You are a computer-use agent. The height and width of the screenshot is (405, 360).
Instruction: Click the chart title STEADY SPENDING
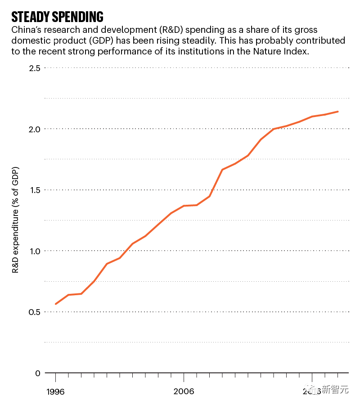pyautogui.click(x=57, y=17)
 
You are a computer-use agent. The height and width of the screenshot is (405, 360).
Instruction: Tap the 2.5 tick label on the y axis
pyautogui.click(x=35, y=68)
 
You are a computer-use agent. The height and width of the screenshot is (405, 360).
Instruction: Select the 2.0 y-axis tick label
pyautogui.click(x=35, y=129)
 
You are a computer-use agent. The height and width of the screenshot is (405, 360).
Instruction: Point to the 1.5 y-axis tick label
pyautogui.click(x=35, y=190)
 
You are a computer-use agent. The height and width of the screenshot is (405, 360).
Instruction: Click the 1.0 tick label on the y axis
pyautogui.click(x=35, y=251)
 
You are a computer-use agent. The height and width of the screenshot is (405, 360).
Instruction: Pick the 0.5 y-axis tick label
pyautogui.click(x=35, y=312)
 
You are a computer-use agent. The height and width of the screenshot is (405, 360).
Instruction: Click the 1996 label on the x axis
pyautogui.click(x=55, y=391)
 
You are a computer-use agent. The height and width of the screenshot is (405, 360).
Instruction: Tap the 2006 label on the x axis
pyautogui.click(x=184, y=391)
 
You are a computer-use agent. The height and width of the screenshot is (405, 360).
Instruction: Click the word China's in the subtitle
pyautogui.click(x=27, y=31)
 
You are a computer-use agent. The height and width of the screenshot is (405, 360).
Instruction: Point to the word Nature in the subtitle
pyautogui.click(x=266, y=51)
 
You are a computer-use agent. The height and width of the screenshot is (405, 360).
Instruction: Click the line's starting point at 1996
pyautogui.click(x=55, y=304)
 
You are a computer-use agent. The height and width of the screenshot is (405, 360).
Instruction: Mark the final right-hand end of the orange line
pyautogui.click(x=338, y=112)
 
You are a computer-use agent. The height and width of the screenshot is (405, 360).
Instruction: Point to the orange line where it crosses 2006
pyautogui.click(x=184, y=206)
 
